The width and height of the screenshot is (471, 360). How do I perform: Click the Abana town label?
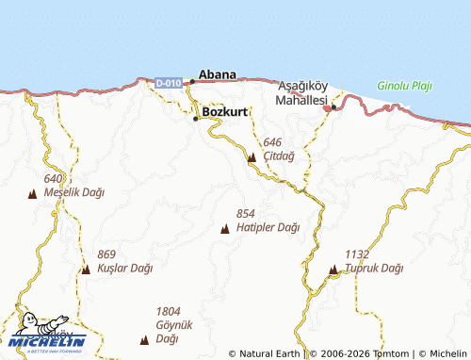[x=217, y=73]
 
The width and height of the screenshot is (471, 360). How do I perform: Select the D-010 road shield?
[x=168, y=83]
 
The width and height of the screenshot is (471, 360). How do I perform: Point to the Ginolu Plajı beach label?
[x=404, y=86]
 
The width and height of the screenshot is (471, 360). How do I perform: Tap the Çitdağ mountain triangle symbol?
[x=252, y=158]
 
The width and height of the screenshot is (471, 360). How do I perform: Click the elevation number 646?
[x=273, y=141]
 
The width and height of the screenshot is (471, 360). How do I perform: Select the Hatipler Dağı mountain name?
[x=268, y=227]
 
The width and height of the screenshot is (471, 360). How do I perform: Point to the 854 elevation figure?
[x=246, y=214]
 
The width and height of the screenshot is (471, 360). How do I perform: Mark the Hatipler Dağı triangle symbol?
[x=224, y=229]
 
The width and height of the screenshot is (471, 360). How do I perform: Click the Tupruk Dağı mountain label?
[x=373, y=269]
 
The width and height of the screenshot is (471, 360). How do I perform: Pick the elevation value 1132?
[x=356, y=254]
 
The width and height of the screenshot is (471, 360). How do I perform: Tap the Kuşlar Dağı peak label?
[x=124, y=269]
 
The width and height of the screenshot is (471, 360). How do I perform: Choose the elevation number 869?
[x=106, y=254]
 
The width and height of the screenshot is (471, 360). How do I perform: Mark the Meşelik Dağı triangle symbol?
[x=33, y=194]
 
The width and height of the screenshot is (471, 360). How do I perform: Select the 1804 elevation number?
[x=168, y=311]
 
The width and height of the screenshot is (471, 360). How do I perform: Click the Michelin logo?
[x=47, y=335]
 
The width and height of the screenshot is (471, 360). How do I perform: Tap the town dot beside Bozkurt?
[x=197, y=119]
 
